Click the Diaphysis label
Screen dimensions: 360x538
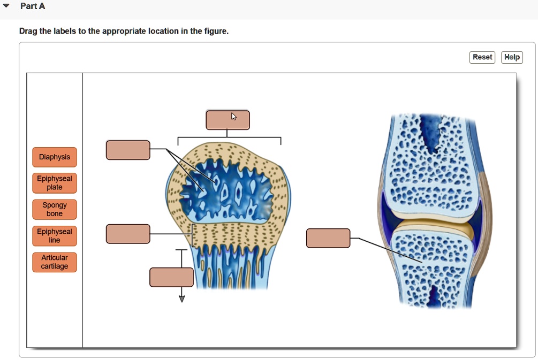tap(54, 157)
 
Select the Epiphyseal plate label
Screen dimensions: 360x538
tap(54, 183)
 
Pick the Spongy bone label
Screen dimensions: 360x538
tap(54, 209)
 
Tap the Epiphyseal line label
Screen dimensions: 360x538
tap(54, 236)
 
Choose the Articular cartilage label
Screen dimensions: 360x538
tap(54, 262)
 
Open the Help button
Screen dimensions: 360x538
tap(512, 57)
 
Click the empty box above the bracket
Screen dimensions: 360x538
tap(228, 120)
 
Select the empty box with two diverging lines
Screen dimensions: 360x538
tap(128, 150)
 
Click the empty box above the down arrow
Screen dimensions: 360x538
tap(171, 277)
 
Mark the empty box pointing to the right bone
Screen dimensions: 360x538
tap(328, 238)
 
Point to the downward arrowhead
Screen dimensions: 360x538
tap(181, 298)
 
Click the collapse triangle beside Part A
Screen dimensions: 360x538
tap(7, 6)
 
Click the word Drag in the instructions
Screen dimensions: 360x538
tap(28, 31)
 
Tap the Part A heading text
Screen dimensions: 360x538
tap(33, 6)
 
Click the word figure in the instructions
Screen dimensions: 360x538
tap(216, 31)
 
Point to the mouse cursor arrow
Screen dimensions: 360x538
tap(234, 116)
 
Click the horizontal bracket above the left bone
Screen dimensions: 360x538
tap(229, 137)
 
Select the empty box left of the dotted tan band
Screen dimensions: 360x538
tap(128, 234)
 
